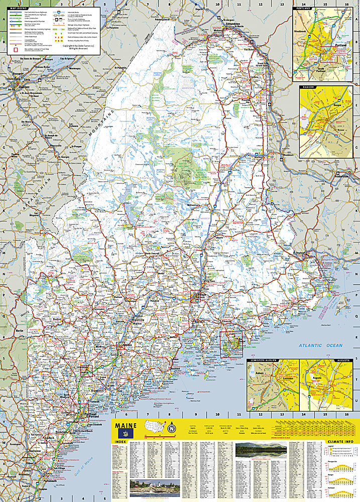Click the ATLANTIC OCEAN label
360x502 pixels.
click(320, 345)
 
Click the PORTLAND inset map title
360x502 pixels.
click(304, 9)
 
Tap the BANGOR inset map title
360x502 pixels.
click(307, 87)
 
